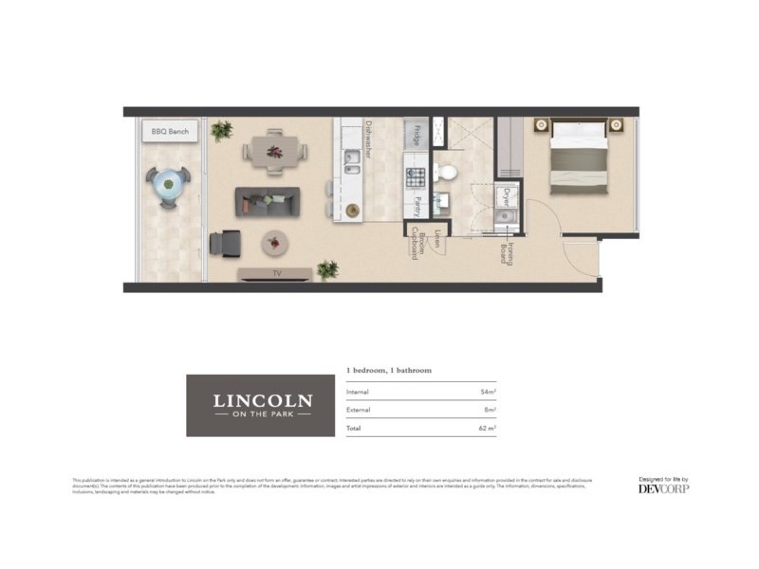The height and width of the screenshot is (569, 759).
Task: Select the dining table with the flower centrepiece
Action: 275,152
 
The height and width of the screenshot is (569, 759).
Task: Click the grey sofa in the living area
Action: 268,201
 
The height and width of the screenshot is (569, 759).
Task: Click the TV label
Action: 276,274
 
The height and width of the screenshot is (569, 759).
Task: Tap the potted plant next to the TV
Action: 327,269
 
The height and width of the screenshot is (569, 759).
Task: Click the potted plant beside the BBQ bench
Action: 222,130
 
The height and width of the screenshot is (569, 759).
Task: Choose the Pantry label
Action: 417,207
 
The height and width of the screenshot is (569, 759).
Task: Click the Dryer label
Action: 507,198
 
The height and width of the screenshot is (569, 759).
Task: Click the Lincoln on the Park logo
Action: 261,405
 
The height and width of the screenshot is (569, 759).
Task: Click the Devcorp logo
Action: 663,488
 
